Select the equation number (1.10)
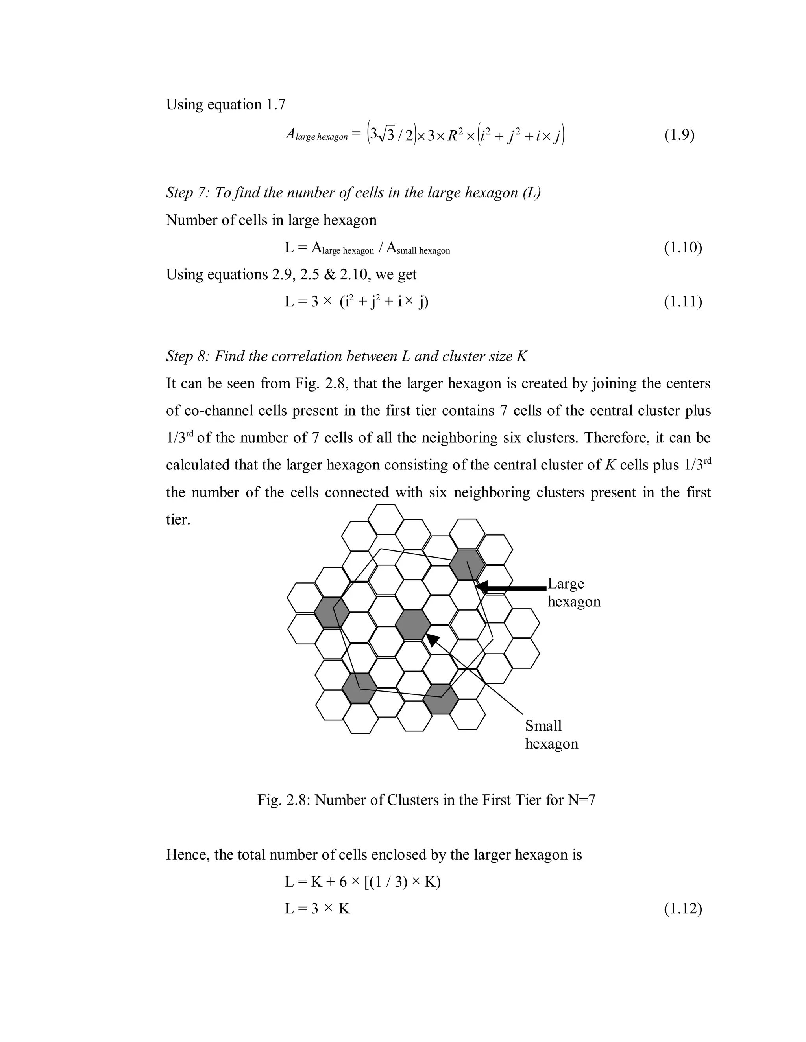(x=682, y=247)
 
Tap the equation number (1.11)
(x=682, y=302)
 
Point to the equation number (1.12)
(x=682, y=909)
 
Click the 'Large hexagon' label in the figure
(x=573, y=592)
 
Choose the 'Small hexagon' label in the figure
(x=551, y=734)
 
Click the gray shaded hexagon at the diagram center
(x=413, y=624)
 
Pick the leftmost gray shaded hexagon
(x=331, y=612)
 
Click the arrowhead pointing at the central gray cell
(x=433, y=640)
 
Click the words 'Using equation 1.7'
(x=226, y=105)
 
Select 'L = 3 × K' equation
(x=317, y=909)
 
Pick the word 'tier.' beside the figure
(x=178, y=519)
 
